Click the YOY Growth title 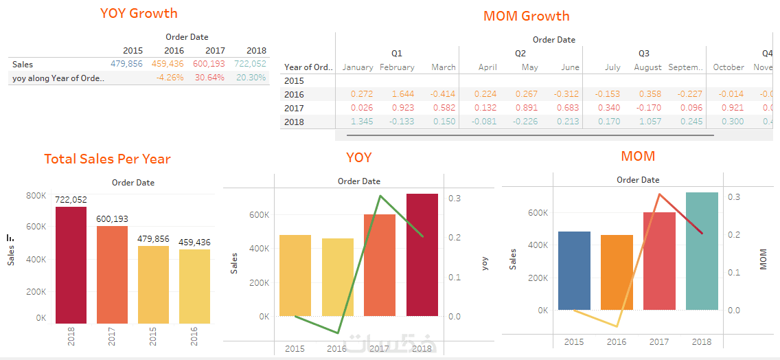tap(139, 13)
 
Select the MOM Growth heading tap(526, 16)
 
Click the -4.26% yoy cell tap(169, 78)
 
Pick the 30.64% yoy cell tap(209, 78)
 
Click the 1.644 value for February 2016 tap(403, 94)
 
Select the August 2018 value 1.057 tap(650, 122)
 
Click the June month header tap(570, 67)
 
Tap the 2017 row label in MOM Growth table tap(294, 108)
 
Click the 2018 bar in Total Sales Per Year tap(71, 265)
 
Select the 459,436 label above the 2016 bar tap(195, 243)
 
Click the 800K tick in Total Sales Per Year tap(36, 195)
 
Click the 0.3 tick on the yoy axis tap(455, 199)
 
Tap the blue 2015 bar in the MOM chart tap(574, 271)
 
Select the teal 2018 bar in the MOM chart tap(702, 251)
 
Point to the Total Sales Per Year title tap(107, 159)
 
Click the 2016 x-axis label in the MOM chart tap(617, 342)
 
